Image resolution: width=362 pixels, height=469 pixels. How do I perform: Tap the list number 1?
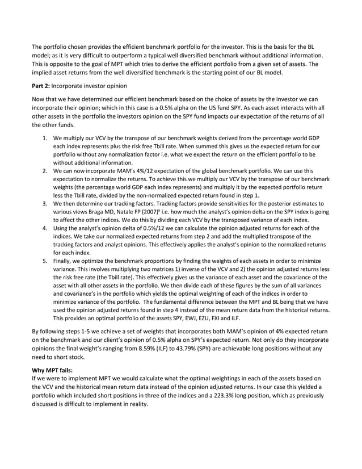(x=45, y=138)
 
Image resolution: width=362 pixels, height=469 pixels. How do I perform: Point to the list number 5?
(x=45, y=261)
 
